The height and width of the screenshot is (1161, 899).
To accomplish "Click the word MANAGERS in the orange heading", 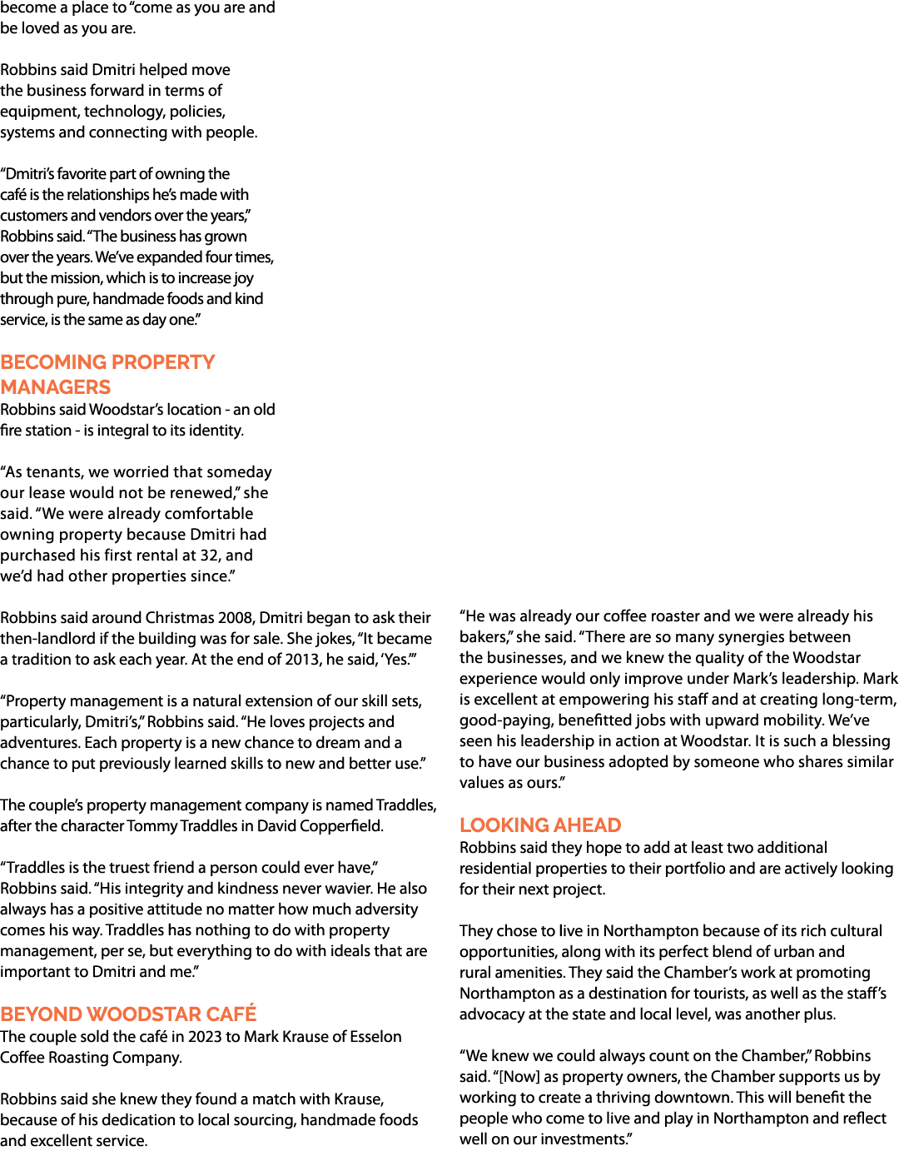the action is click(56, 386).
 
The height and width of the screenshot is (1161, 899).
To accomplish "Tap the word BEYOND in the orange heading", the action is click(41, 1014).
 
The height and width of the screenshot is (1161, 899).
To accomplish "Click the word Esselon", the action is click(375, 1037).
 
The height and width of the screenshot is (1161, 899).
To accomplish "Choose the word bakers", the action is click(484, 637).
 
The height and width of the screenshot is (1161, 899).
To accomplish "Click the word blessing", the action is click(861, 741).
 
